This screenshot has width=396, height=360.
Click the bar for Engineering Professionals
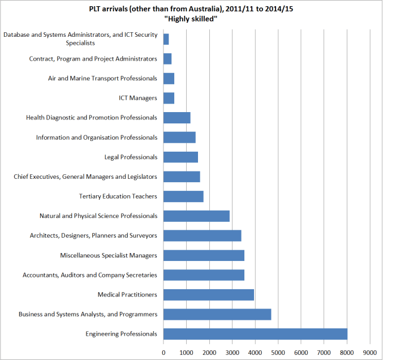click(x=255, y=334)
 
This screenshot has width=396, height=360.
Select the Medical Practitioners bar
click(x=209, y=294)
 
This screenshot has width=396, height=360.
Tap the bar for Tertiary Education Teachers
click(x=183, y=196)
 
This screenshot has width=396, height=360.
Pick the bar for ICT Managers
click(x=169, y=98)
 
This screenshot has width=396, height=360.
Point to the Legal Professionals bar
click(x=180, y=157)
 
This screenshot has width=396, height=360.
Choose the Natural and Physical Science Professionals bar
click(x=196, y=216)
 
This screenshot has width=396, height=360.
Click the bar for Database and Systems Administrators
click(x=166, y=39)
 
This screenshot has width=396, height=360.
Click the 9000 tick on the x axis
click(x=370, y=353)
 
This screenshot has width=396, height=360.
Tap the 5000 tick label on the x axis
click(x=278, y=353)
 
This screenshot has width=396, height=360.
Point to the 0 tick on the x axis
click(x=163, y=353)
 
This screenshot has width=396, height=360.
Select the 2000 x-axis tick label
click(x=209, y=353)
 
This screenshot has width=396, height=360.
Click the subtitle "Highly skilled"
click(x=191, y=19)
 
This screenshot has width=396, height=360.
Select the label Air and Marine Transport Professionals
click(x=102, y=78)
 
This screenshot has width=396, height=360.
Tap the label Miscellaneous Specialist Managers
click(x=109, y=255)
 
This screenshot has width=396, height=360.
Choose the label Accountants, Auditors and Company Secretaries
click(x=89, y=275)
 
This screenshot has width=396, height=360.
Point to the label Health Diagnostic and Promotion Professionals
click(x=92, y=118)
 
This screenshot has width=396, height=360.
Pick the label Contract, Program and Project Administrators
click(x=93, y=59)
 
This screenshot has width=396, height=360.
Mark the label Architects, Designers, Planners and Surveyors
click(x=93, y=235)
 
